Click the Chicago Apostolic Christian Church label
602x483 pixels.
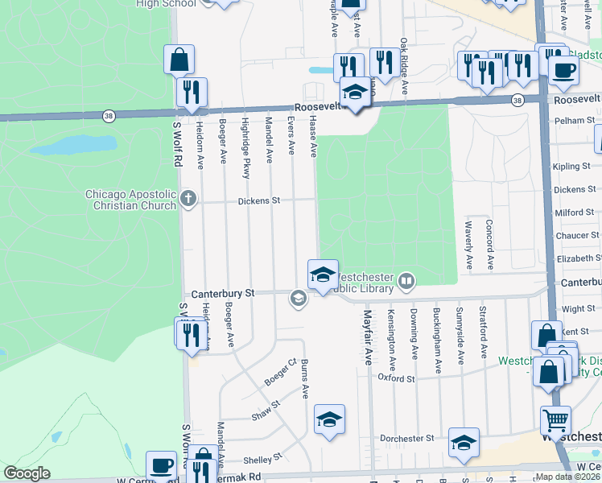tap(130, 200)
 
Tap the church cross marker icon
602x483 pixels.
tap(188, 199)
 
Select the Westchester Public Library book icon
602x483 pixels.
tap(406, 281)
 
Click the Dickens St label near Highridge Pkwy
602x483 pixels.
tap(258, 200)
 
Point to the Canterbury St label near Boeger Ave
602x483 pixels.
tap(221, 294)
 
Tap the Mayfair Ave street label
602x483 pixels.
tap(367, 337)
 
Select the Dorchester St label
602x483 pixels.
tap(407, 438)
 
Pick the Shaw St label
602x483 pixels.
tap(265, 410)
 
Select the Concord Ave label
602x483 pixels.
tap(489, 242)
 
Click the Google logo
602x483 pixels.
tap(27, 473)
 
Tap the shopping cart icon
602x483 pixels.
tap(555, 420)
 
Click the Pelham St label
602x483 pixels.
tap(579, 120)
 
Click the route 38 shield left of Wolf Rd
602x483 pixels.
tap(109, 116)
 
